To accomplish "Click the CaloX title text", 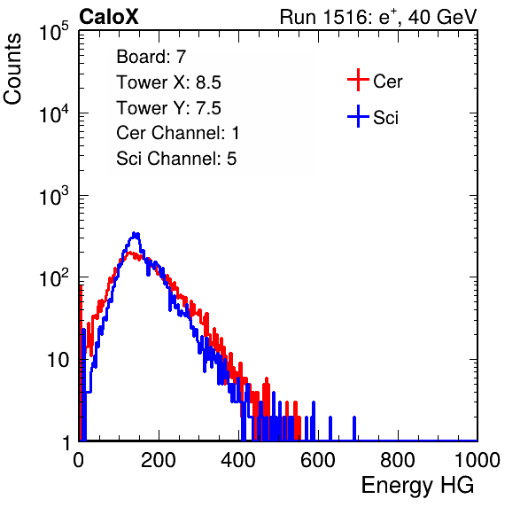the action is point(109,17).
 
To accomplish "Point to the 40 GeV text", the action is point(442,17).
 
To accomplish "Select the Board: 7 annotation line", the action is point(151,57).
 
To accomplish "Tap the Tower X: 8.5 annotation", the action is point(168,82).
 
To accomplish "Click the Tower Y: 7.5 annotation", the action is point(168,108).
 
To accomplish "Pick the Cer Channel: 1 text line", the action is point(178,133).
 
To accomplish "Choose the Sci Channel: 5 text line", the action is point(176,159).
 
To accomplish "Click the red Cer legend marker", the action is point(358,80).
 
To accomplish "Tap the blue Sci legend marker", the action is point(358,117).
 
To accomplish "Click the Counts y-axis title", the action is point(12,69).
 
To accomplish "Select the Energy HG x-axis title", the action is point(417,486).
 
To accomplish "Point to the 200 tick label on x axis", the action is point(159,460).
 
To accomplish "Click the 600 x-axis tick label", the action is point(318,460).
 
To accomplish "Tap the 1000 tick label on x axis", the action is point(478,460).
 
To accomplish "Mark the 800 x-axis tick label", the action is point(398,460).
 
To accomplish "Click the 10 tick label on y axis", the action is point(58,360).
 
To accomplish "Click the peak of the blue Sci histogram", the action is point(135,234).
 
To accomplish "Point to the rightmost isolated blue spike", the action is point(354,428).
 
